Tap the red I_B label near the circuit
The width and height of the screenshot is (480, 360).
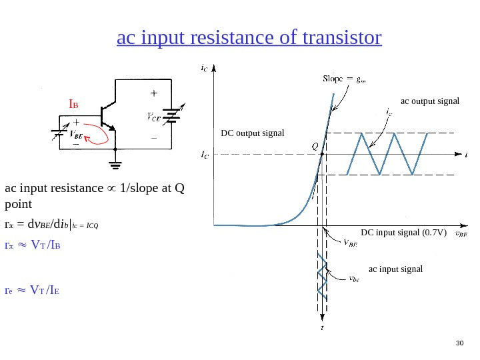tap(74, 105)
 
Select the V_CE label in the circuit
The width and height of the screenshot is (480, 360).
tap(153, 118)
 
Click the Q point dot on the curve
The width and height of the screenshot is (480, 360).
tap(321, 154)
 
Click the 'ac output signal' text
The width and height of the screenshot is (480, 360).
tap(430, 101)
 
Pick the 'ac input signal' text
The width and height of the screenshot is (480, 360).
tap(396, 269)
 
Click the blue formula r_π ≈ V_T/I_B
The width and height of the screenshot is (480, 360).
tap(41, 246)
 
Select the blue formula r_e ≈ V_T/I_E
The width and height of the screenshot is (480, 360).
tap(41, 290)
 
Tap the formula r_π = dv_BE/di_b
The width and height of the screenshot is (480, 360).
tap(51, 224)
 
